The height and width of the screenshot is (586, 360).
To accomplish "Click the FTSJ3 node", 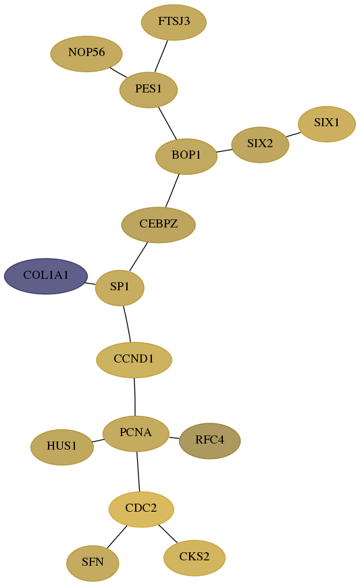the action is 174,22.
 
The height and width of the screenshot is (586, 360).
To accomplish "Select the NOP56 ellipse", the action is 86,53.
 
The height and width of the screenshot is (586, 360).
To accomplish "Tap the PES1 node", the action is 149,90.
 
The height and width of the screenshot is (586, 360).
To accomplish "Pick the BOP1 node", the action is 186,156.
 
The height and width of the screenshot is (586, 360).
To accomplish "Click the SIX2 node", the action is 260,144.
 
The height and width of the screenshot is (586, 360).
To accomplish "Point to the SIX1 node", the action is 327,124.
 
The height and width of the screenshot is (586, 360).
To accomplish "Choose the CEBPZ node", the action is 159,225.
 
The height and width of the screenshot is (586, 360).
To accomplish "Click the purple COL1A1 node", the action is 46,276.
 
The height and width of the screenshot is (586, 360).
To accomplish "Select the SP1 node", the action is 120,288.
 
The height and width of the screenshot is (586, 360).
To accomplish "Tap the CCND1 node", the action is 134,360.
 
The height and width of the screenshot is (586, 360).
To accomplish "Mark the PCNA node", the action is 136,433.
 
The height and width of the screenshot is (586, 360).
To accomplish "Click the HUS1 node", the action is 62,447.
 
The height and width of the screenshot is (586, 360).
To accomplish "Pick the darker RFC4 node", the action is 210,441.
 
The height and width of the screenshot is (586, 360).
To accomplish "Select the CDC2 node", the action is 141,509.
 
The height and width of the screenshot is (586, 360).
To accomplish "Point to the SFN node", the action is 93,563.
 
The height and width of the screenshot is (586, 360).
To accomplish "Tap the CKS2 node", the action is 195,558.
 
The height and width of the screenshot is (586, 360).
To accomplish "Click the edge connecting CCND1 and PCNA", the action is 134,396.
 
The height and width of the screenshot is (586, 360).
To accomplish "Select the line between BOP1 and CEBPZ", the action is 172,190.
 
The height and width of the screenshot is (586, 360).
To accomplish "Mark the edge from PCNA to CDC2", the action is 138,472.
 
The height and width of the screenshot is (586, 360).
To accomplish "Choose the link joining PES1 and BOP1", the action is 168,123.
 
